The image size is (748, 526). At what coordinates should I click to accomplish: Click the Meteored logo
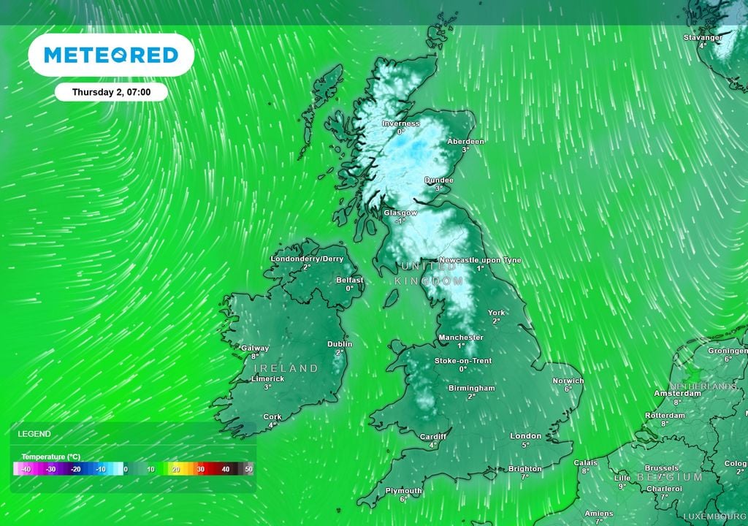click(111, 55)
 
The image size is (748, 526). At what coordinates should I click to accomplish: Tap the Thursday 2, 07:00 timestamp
click(111, 92)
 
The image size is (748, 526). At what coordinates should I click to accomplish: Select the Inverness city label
click(401, 123)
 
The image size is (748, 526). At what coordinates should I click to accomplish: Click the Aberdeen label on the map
click(465, 141)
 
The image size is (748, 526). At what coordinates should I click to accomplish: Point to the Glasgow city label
click(400, 213)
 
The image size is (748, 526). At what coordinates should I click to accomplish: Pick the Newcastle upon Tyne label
click(480, 260)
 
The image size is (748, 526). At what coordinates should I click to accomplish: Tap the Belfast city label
click(350, 280)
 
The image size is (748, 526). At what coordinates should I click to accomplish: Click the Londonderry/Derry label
click(307, 259)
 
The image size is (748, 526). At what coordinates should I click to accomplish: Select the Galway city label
click(255, 348)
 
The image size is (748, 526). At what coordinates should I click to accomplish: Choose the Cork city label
click(272, 417)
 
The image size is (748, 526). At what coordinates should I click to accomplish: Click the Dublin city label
click(340, 343)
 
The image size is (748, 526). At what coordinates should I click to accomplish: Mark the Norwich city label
click(568, 381)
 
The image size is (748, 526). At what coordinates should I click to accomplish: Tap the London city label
click(525, 436)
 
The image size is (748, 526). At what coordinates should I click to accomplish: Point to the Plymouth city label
click(403, 491)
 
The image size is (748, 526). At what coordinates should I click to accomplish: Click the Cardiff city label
click(433, 437)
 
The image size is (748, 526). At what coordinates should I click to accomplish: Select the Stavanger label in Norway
click(703, 37)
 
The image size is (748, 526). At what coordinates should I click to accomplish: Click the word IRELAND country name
click(285, 368)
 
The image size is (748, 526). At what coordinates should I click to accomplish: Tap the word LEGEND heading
click(34, 434)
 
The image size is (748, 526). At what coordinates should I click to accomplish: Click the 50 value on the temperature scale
click(248, 469)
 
